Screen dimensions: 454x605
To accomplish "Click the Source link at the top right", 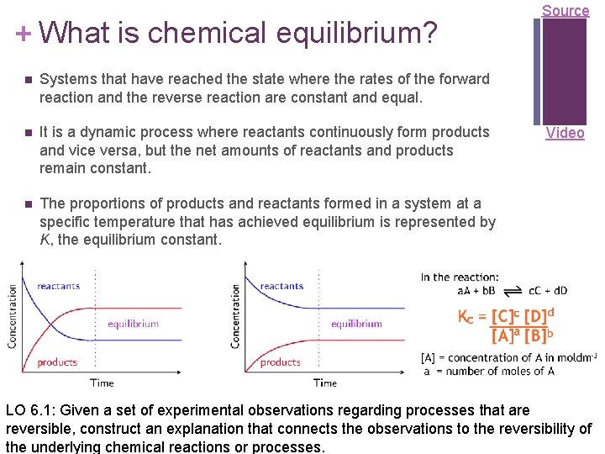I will (x=566, y=11).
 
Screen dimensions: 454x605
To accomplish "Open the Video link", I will (x=565, y=133).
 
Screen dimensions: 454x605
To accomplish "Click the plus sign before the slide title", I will (x=24, y=33).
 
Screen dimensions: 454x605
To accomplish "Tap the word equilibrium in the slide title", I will (x=353, y=34).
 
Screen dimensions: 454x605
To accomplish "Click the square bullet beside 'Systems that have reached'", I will (x=27, y=80).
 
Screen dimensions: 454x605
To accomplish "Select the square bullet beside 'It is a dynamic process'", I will (x=27, y=133).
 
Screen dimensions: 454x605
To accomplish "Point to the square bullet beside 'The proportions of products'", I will (x=27, y=204).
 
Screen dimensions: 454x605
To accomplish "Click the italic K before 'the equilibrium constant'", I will (x=45, y=240).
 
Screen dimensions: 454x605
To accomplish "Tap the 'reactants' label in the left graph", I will (x=59, y=286).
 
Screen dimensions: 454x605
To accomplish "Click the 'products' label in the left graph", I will (x=57, y=362).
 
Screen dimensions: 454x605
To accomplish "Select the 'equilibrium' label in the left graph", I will (x=133, y=324).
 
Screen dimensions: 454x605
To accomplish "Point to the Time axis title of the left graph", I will (x=102, y=383).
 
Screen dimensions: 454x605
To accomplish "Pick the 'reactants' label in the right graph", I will (x=281, y=286).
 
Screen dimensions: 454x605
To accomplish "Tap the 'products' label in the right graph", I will (x=280, y=362).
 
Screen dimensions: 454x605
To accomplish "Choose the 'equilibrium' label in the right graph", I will (x=356, y=324).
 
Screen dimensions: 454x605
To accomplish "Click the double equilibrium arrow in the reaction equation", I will (x=512, y=291).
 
